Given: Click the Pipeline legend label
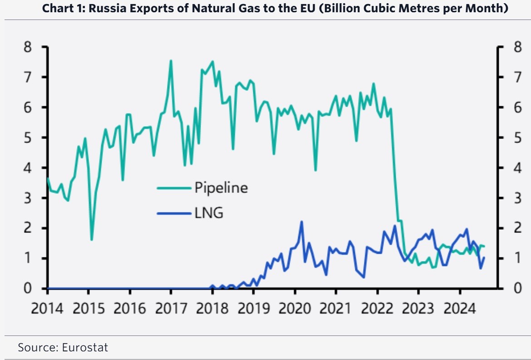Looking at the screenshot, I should tap(221, 187).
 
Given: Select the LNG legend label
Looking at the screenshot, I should tap(209, 212).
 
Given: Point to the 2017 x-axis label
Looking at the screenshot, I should tap(171, 309).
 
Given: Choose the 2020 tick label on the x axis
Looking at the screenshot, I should tap(295, 309).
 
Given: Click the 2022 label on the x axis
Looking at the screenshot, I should tap(377, 309).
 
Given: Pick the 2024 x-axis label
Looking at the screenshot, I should tap(459, 309).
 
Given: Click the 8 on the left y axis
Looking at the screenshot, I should tap(28, 47).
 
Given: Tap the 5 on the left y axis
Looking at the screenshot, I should tap(28, 138).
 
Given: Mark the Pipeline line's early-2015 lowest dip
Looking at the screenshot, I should tap(92, 240).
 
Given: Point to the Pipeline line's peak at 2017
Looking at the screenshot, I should tap(171, 60).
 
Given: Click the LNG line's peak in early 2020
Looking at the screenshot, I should tap(302, 222).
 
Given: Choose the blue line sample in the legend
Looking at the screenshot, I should tap(174, 212).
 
